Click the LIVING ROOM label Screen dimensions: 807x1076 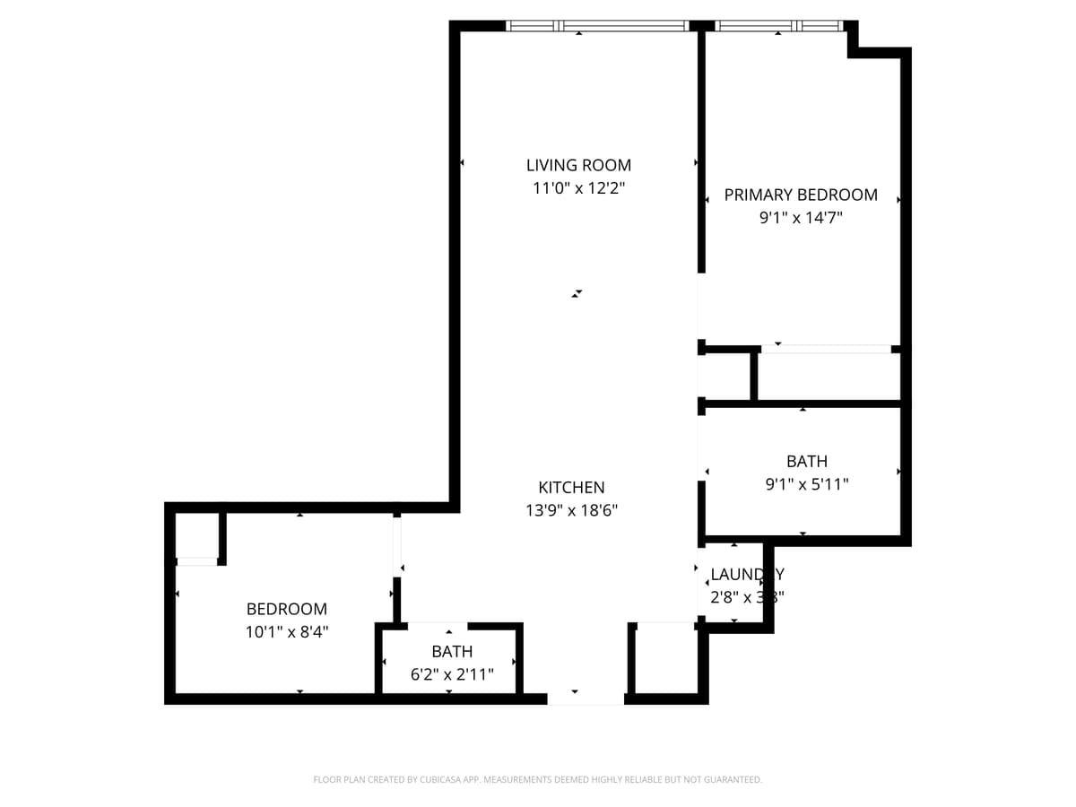(578, 165)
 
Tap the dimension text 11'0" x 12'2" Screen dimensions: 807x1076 (578, 188)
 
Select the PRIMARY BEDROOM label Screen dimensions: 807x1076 (801, 195)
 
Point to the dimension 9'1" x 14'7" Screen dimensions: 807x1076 (801, 217)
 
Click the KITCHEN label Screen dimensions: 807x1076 (571, 488)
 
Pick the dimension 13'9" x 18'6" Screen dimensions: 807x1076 (571, 510)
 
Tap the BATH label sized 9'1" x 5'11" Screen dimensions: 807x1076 (807, 462)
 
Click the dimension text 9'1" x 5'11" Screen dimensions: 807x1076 (807, 484)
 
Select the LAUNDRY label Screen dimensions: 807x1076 (747, 575)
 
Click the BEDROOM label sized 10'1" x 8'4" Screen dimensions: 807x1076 (287, 609)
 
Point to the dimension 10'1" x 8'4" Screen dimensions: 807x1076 (287, 631)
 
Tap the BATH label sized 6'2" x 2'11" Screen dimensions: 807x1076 (452, 652)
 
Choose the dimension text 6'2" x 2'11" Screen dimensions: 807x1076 (452, 674)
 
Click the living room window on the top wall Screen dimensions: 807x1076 (597, 26)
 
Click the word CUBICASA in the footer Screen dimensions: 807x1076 (442, 780)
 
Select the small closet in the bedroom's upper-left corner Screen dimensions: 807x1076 (196, 535)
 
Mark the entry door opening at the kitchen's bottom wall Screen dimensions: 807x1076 (586, 699)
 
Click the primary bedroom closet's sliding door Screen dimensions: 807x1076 (826, 349)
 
